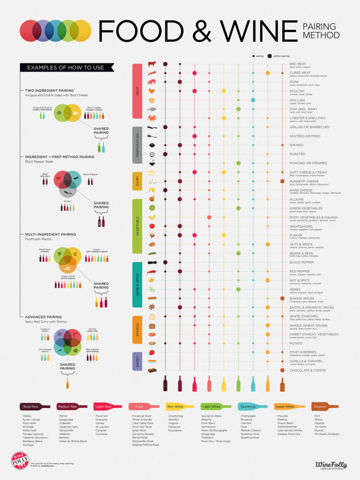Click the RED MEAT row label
[298, 64]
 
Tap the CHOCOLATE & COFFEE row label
[308, 371]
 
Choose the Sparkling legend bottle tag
[251, 406]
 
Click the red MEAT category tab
[136, 91]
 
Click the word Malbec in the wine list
[27, 416]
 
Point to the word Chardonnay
[176, 416]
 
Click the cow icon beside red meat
[152, 64]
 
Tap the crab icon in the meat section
[152, 118]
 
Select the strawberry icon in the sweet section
[152, 352]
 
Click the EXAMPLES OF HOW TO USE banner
[65, 68]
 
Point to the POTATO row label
[296, 344]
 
